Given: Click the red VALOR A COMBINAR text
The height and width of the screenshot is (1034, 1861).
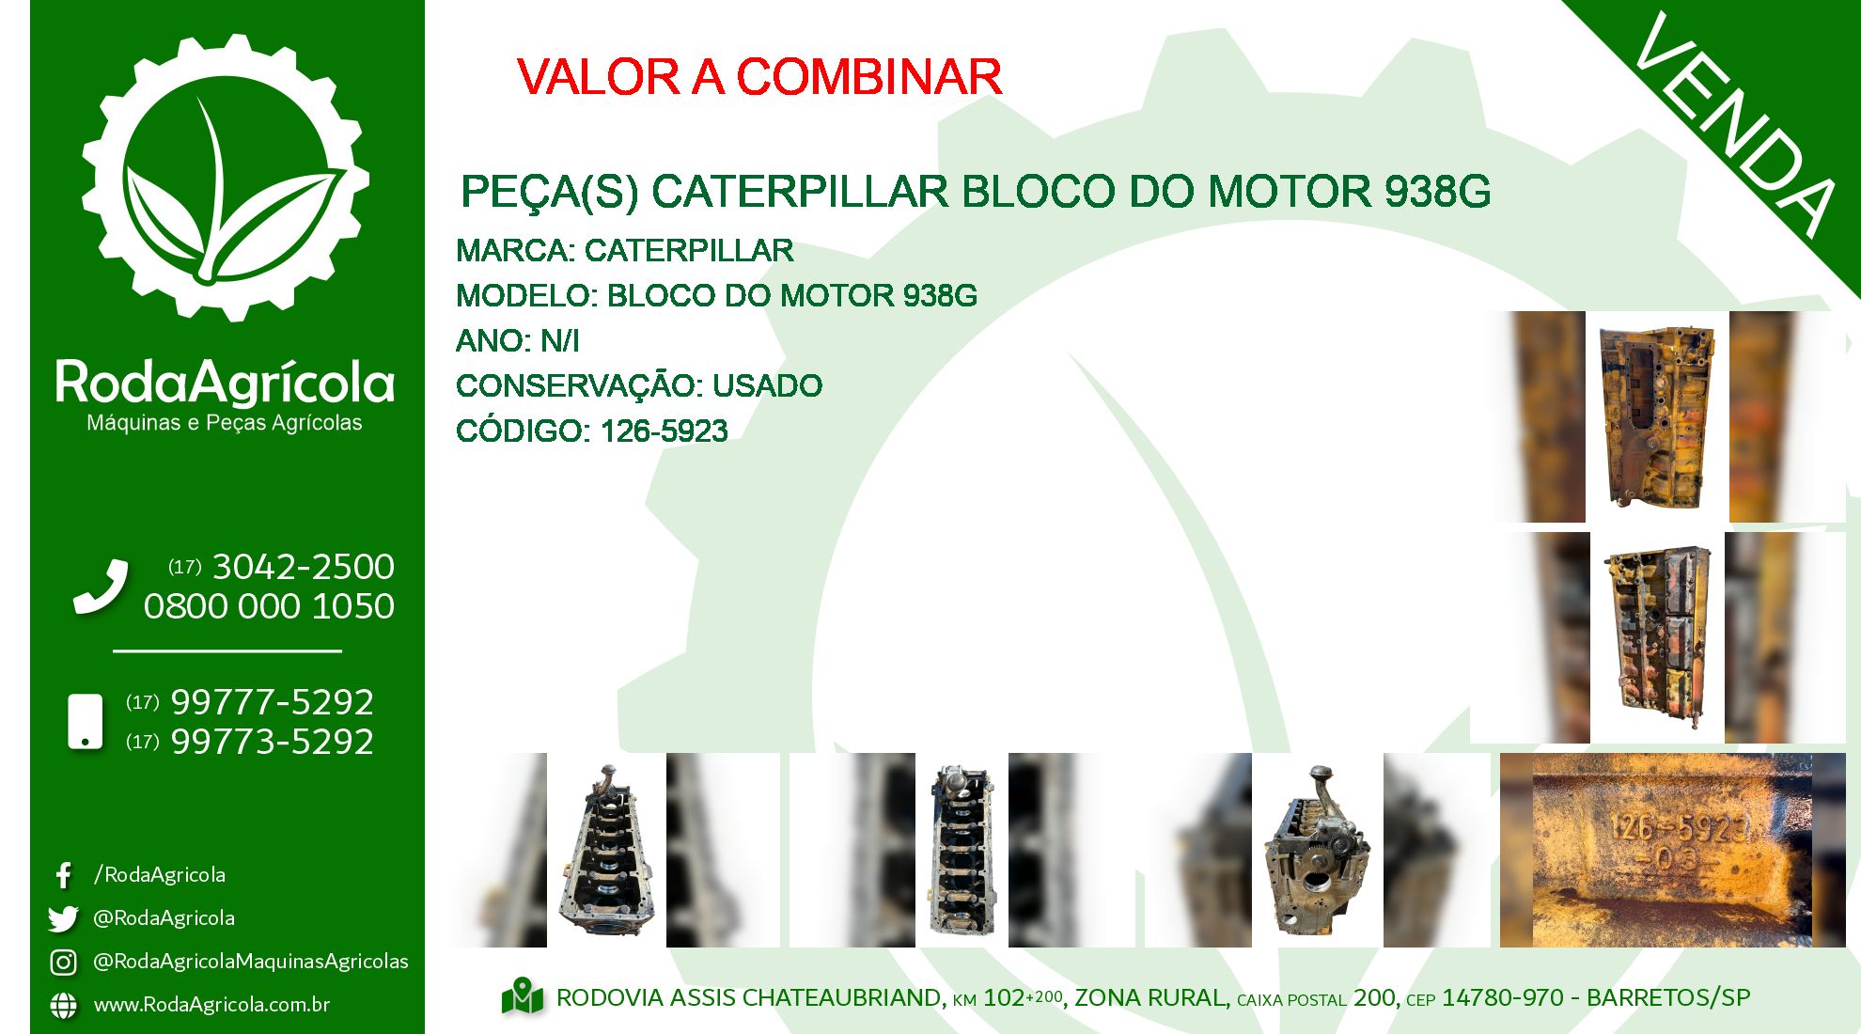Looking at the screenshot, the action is pos(759,77).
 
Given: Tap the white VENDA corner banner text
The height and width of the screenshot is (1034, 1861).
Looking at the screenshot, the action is pos(1735,124).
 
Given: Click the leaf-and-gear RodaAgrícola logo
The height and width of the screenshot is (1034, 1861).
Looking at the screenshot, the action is pos(226,179).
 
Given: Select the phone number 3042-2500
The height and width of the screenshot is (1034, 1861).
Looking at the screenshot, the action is pos(304,567).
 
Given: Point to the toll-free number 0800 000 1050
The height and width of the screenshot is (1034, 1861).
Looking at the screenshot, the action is pos(269,606).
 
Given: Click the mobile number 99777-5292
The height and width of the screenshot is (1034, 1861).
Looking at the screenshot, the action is pos(273,702).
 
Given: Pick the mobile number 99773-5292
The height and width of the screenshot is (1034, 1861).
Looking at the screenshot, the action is pos(273,742).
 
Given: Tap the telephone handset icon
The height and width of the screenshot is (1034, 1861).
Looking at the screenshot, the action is pos(101,587).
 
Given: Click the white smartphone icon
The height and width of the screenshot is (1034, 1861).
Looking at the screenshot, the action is pos(86,722).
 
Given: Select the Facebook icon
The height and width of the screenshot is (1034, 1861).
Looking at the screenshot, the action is pos(63,876).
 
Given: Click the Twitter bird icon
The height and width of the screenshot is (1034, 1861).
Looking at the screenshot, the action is pos(63,918).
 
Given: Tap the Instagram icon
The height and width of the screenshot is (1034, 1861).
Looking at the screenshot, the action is pos(63,962).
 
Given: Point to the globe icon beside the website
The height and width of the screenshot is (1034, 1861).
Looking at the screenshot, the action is pos(63,1005).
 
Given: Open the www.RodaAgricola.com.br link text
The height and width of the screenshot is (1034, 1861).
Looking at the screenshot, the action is pos(211,1005).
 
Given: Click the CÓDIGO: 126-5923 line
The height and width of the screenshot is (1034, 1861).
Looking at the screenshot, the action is pos(592,431).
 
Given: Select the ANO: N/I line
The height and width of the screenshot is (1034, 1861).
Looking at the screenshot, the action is pos(518,340).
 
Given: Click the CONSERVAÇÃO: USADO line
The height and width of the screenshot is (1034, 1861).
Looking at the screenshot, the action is pos(639,385).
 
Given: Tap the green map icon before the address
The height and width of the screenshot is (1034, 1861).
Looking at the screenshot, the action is pos(523,997).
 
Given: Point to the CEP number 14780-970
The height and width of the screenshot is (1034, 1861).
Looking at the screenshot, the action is pos(1503,997).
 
